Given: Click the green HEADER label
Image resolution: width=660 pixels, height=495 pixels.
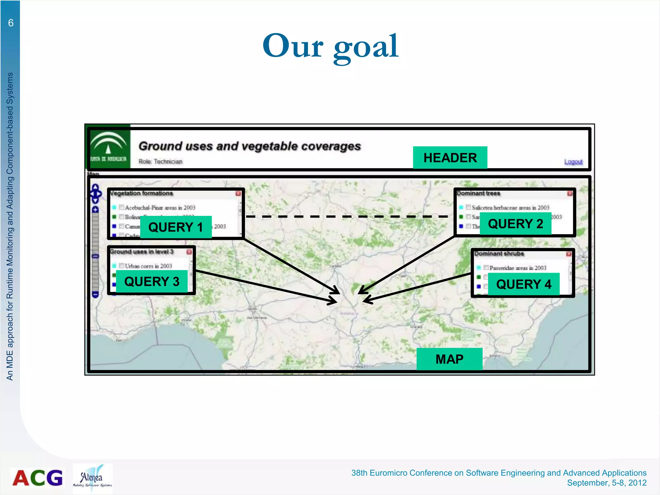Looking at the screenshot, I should pos(450,158).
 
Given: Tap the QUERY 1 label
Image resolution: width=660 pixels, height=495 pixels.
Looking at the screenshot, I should pos(176,227).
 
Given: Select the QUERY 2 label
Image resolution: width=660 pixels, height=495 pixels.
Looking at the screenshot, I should pos(515,224).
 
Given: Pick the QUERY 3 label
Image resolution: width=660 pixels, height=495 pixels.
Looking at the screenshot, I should pos(152,281).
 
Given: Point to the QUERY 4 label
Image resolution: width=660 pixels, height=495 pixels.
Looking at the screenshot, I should pos(524,284).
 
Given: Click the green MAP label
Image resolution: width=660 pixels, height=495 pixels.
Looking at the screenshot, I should pos(449,359).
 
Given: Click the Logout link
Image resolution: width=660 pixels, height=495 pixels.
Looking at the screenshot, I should pos(573,161).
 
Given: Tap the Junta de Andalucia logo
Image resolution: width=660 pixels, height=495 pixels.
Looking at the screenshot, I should pos(108,147).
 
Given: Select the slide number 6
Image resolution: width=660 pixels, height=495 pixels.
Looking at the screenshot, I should pos(11,23).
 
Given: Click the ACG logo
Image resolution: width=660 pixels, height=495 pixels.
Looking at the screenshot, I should pos(38,478).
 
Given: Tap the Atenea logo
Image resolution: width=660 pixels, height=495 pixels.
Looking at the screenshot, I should pos(92,478).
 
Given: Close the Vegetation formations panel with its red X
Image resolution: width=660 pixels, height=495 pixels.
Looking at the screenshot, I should pos(238,193).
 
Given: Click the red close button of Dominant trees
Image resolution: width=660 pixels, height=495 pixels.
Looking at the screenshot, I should pos(570,193).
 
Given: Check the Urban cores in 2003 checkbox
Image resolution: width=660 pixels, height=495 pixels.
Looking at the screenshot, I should pos(121,266).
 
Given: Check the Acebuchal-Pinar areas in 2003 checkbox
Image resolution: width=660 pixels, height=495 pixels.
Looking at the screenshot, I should pos(121,207).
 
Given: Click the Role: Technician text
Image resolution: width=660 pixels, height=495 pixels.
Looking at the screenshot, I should pos(160,161).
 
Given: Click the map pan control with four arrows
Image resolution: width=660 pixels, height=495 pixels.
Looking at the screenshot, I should pos(95,193).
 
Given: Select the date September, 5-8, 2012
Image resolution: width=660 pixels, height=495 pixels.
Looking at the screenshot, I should pos(607,483).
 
